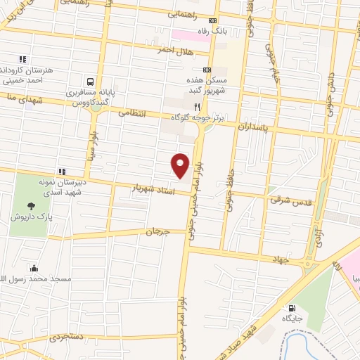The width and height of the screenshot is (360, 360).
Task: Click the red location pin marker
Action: pyautogui.click(x=181, y=165)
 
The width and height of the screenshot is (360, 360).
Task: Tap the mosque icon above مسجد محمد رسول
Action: pyautogui.click(x=34, y=268)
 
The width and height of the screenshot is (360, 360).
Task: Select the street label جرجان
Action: pyautogui.click(x=159, y=231)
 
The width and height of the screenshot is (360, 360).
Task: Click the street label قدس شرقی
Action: pyautogui.click(x=286, y=200)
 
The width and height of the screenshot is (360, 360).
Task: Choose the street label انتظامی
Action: pyautogui.click(x=131, y=112)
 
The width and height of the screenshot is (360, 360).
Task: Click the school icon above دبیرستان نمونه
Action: pyautogui.click(x=62, y=171)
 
